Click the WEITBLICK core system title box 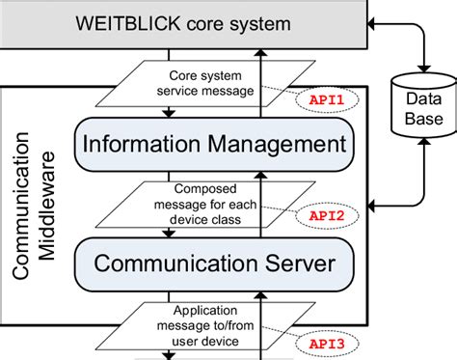click(183, 21)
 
